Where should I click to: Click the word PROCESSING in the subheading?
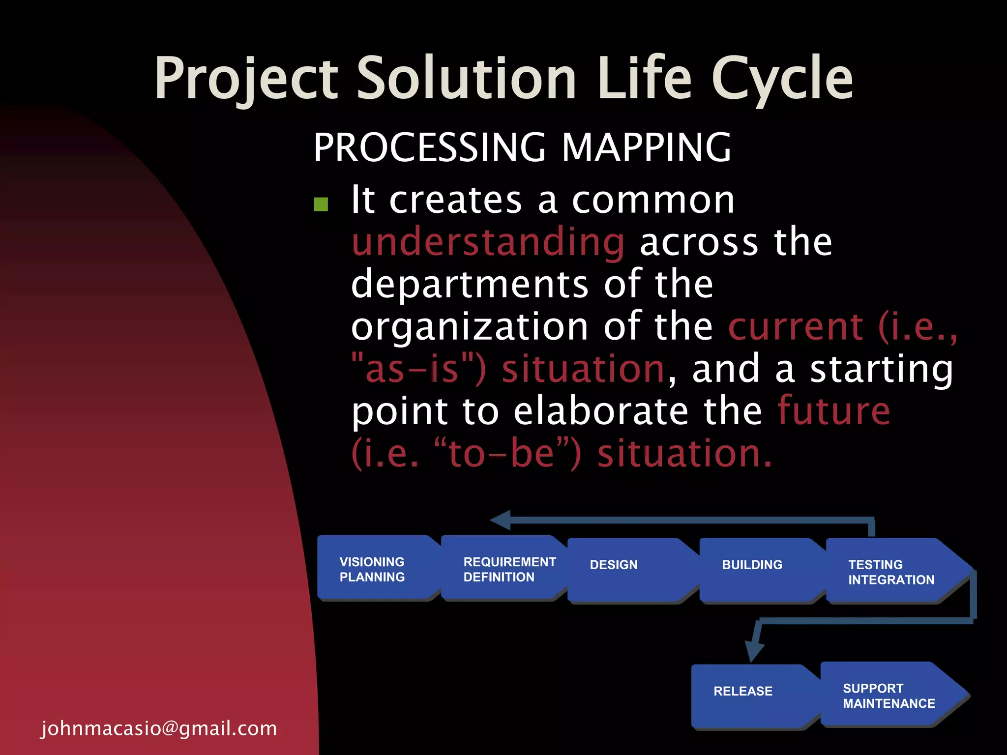click(x=429, y=147)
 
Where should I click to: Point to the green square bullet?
click(x=321, y=204)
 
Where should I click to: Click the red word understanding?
click(x=488, y=242)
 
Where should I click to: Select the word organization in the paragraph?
click(x=470, y=327)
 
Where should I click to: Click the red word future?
click(x=833, y=411)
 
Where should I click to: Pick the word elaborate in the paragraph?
click(x=601, y=411)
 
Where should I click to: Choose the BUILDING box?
click(x=757, y=570)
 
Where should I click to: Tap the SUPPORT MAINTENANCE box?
click(x=888, y=695)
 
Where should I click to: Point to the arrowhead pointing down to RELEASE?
click(x=754, y=651)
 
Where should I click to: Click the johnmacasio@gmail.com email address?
click(x=159, y=728)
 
